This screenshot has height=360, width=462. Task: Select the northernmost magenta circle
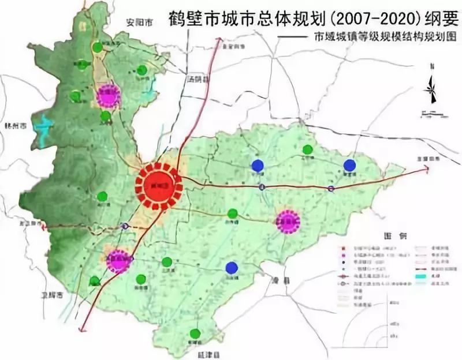click(108, 96)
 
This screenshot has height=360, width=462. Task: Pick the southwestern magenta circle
click(119, 261)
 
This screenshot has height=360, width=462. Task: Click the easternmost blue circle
click(349, 166)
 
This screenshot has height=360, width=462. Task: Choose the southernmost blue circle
click(232, 268)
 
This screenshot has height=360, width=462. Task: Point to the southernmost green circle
click(195, 333)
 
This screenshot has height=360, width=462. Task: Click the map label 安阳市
click(140, 24)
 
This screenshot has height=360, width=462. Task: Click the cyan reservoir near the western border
click(42, 130)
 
